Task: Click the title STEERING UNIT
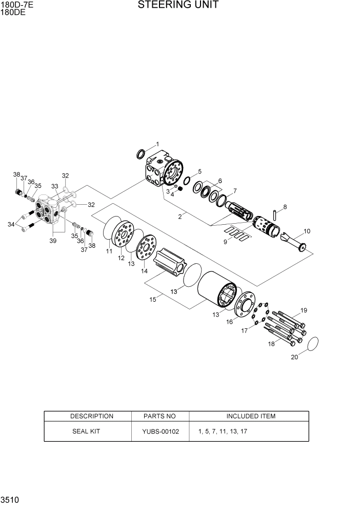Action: pos(178,6)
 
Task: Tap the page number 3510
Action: pos(10,499)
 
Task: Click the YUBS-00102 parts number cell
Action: pos(161,432)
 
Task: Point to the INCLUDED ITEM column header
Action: pos(250,416)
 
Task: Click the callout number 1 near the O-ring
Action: pos(157,144)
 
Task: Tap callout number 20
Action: pos(294,358)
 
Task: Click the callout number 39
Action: pos(53,241)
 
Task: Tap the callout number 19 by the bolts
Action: pos(304,310)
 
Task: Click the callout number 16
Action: pos(229,322)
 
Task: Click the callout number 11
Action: pos(109,251)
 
